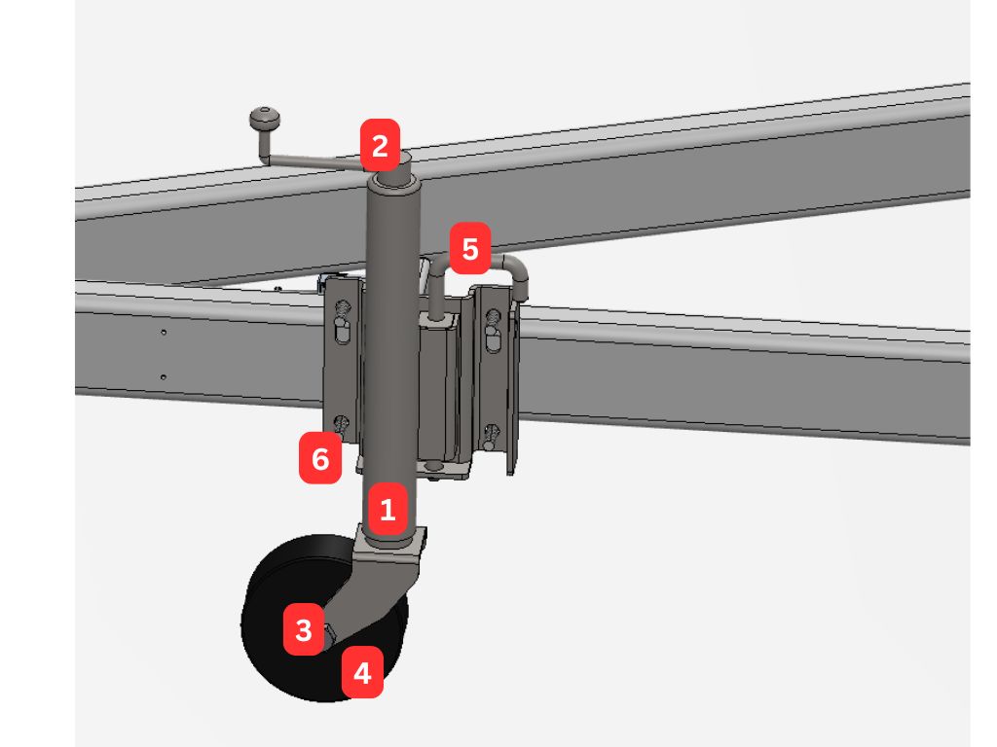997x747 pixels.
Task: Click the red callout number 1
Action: point(388,509)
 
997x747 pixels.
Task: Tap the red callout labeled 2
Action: point(380,146)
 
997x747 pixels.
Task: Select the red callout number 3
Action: point(304,629)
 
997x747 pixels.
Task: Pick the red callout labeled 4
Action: point(362,672)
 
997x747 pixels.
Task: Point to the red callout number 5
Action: point(469,248)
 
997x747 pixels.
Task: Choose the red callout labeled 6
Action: point(319,458)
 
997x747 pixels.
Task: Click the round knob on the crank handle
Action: point(265,118)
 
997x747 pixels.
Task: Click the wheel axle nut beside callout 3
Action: point(330,632)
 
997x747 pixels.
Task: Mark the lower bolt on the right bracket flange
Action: point(492,437)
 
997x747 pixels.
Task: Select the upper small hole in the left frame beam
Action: point(164,333)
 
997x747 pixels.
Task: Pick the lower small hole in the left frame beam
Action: point(164,377)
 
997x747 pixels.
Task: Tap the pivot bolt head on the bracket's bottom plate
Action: point(435,467)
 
